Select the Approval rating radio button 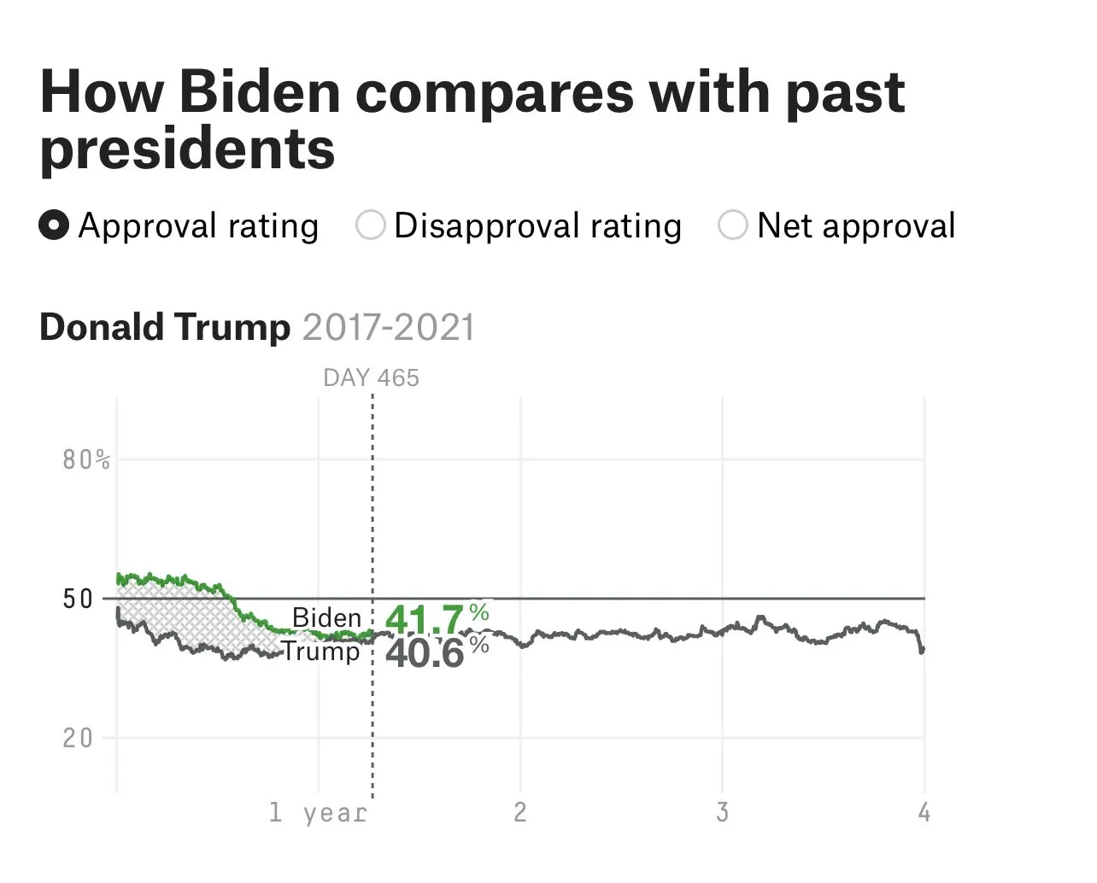tap(54, 226)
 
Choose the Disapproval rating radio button tap(370, 226)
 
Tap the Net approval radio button tap(733, 226)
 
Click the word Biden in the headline tap(260, 91)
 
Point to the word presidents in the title tap(187, 149)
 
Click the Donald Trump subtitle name tap(165, 327)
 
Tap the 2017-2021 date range tap(388, 327)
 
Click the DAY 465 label tap(372, 377)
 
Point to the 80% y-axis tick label tap(86, 460)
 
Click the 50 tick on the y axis tap(78, 599)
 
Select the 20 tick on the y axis tap(78, 738)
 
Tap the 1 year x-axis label tap(318, 812)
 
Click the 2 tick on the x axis tap(520, 812)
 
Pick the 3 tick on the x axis tap(723, 812)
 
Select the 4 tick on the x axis tap(924, 812)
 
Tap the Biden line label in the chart tap(326, 617)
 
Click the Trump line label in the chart tap(321, 652)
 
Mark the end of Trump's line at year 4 tap(923, 651)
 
